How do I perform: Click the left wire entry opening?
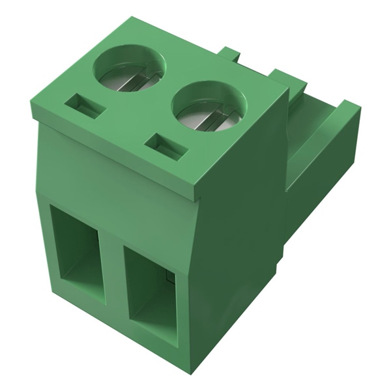pos(78,252)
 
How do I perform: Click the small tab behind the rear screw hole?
pos(229,55)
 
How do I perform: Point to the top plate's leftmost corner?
pos(31,104)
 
